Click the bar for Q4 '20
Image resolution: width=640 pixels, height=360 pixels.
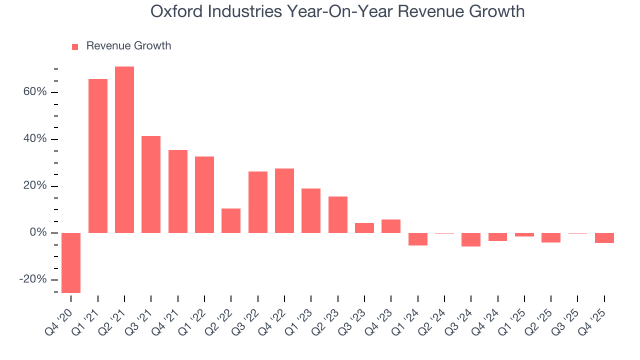(71, 262)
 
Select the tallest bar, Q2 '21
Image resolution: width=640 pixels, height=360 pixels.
(124, 149)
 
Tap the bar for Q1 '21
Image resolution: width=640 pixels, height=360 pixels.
(98, 156)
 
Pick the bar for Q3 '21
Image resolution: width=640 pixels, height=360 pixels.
(151, 184)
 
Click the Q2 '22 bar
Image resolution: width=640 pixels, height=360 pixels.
(231, 220)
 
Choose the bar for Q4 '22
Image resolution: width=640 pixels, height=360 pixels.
(284, 200)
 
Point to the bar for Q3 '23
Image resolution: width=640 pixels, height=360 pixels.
(364, 228)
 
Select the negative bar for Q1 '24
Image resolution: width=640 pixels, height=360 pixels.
(418, 239)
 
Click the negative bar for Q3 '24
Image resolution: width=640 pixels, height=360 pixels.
(471, 239)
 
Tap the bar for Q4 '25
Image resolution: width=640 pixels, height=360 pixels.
(604, 238)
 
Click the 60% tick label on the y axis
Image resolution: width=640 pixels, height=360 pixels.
(34, 92)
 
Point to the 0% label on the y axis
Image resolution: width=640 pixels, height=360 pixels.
(38, 233)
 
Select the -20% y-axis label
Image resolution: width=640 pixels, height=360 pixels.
(33, 279)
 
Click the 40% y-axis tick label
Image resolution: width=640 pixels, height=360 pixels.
(34, 139)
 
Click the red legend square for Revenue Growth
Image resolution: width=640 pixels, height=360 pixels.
(75, 46)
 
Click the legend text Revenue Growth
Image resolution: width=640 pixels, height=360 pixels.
(128, 46)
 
